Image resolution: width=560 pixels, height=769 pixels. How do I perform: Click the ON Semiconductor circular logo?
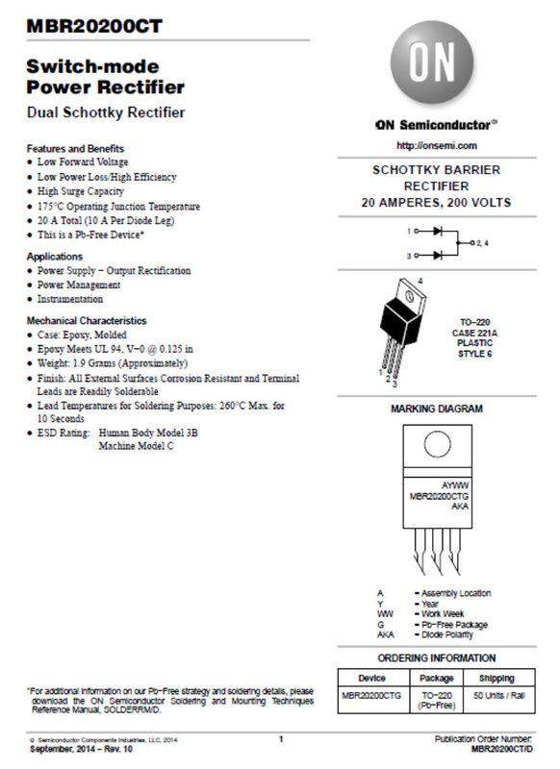click(436, 65)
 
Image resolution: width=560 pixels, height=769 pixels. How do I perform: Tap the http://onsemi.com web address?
click(436, 145)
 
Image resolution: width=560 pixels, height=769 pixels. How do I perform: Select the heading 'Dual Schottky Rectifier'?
click(105, 112)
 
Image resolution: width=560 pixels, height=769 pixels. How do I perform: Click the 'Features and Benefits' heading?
click(75, 149)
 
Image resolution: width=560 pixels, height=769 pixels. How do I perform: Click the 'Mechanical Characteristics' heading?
click(87, 320)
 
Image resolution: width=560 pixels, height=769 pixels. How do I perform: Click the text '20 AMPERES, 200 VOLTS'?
click(436, 203)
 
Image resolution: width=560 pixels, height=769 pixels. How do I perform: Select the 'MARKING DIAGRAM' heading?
click(436, 409)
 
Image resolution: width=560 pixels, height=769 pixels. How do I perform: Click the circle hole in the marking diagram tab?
click(437, 445)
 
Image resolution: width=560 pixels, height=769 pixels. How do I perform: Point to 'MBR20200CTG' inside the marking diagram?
click(436, 496)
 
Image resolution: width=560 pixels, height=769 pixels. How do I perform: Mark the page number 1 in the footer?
click(280, 738)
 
